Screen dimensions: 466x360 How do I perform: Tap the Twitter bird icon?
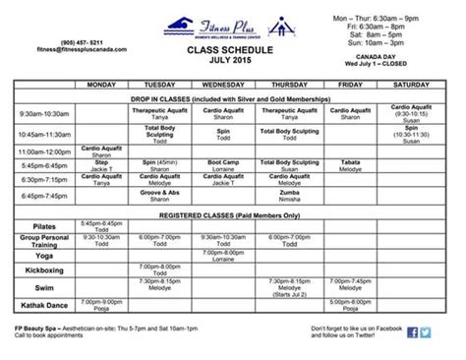(425, 331)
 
